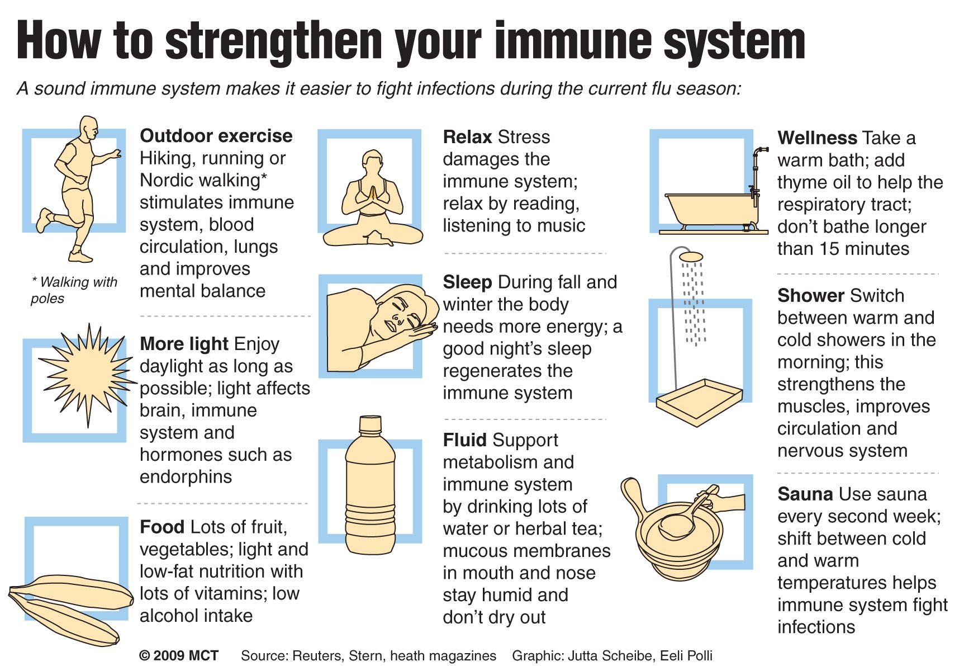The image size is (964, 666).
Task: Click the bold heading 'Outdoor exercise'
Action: click(216, 136)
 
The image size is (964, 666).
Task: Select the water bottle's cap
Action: click(369, 424)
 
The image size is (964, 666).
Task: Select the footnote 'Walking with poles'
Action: click(74, 290)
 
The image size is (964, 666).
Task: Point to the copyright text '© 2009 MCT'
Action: click(179, 655)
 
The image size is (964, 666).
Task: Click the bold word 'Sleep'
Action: click(467, 282)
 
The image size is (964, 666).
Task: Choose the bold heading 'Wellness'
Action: click(817, 138)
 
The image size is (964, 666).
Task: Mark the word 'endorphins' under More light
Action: click(186, 477)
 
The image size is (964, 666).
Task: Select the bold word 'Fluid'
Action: click(465, 440)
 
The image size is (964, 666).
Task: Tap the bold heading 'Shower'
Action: click(811, 296)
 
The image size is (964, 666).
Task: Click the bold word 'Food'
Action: click(162, 527)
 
